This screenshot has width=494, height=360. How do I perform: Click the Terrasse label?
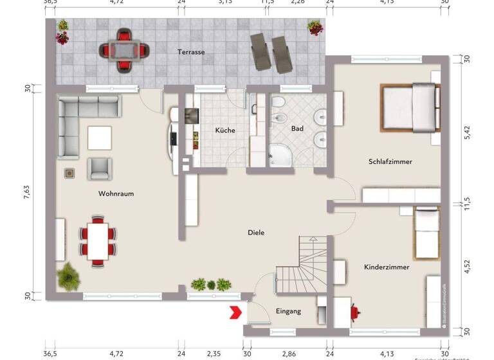click(192, 52)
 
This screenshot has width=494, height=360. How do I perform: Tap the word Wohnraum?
click(116, 194)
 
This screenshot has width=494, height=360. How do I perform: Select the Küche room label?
click(224, 130)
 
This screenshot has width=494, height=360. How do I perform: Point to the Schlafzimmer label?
click(390, 161)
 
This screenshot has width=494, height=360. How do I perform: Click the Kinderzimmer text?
click(386, 266)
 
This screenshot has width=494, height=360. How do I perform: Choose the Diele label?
click(256, 233)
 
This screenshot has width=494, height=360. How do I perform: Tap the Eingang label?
click(288, 311)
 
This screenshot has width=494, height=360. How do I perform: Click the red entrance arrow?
click(235, 313)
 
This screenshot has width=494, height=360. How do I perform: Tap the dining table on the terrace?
click(122, 49)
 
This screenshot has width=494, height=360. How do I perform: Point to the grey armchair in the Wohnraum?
click(100, 168)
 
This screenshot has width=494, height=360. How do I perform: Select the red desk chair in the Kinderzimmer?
click(354, 312)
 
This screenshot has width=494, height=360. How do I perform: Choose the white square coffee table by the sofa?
click(100, 137)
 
